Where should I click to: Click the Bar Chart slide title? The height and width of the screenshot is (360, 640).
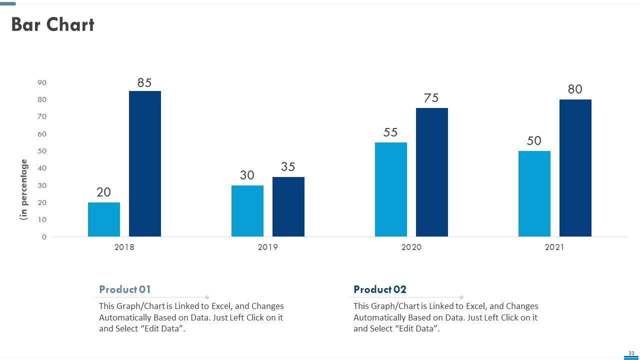click(x=52, y=24)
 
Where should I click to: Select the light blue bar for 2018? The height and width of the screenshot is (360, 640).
click(x=104, y=219)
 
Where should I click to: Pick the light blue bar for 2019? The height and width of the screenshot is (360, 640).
click(x=247, y=211)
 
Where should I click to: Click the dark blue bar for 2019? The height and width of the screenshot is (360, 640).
click(x=288, y=206)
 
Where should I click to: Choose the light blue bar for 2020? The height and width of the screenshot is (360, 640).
click(x=391, y=189)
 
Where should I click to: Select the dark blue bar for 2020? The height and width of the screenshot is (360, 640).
click(x=432, y=172)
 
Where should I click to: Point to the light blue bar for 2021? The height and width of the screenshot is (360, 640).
click(x=534, y=194)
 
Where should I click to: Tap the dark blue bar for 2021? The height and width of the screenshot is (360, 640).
click(x=575, y=168)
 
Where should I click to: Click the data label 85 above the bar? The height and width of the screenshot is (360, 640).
click(x=144, y=83)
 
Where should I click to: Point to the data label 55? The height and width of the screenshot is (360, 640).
click(x=390, y=132)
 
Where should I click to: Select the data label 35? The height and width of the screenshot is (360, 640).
click(x=288, y=167)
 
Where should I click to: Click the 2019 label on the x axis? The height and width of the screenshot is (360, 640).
click(x=267, y=247)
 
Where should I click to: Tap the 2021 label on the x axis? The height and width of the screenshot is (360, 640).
click(x=554, y=247)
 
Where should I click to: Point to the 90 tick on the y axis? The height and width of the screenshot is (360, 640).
click(x=42, y=82)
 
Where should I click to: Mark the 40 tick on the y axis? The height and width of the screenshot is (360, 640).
click(x=42, y=168)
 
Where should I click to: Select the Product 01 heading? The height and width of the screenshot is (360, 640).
click(x=125, y=289)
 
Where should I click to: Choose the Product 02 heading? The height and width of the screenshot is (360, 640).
click(x=380, y=289)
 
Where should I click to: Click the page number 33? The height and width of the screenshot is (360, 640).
click(x=631, y=353)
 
